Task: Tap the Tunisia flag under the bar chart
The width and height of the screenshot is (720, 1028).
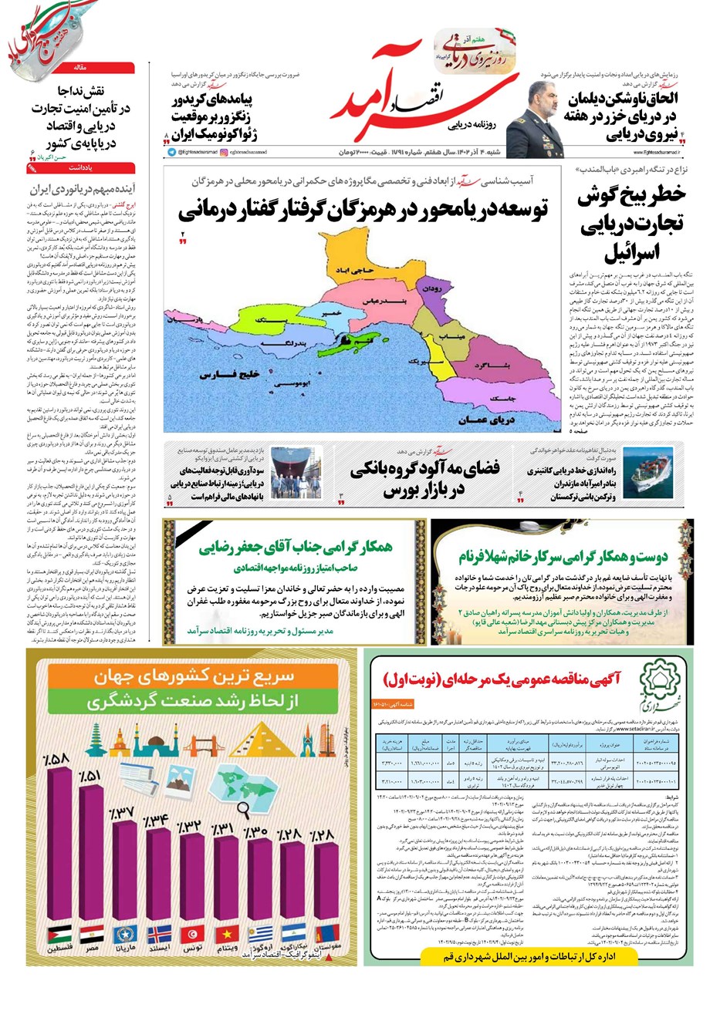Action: pos(191,934)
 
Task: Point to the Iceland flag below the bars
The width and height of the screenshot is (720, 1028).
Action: pos(157,934)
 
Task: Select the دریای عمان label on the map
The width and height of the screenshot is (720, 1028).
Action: pos(486,420)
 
